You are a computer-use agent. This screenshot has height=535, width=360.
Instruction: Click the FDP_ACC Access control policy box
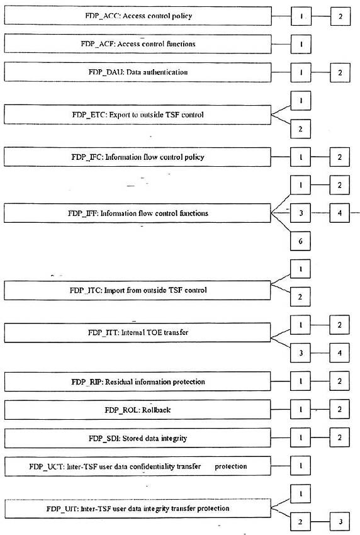[138, 16]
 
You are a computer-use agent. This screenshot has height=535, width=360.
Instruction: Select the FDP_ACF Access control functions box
[138, 44]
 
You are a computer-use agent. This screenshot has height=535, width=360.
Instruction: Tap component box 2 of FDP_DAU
[340, 72]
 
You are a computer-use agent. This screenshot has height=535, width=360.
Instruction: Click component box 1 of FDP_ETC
[301, 101]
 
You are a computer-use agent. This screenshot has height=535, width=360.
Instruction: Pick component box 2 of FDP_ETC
[301, 129]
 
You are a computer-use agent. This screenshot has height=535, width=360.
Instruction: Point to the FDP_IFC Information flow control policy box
[137, 157]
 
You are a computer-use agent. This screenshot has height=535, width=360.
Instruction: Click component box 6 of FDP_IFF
[300, 241]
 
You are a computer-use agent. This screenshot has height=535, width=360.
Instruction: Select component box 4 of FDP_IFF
[339, 213]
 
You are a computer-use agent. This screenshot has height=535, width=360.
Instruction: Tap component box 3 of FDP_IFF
[300, 213]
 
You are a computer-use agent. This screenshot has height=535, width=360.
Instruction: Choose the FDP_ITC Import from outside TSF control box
[137, 290]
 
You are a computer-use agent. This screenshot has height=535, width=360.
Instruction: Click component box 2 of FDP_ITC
[300, 297]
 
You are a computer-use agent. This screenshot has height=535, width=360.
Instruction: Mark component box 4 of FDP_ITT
[339, 353]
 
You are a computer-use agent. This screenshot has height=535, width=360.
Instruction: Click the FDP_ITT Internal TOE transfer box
[137, 333]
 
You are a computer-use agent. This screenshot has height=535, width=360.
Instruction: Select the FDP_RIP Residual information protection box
[137, 382]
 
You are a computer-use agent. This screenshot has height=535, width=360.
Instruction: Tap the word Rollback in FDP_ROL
[156, 410]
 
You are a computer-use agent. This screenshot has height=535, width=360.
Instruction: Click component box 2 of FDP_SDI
[339, 437]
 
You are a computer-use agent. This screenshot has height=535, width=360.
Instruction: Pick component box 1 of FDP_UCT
[301, 466]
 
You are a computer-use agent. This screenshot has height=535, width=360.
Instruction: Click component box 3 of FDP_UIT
[340, 522]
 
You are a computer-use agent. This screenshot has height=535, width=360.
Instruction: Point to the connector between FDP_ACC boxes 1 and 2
[321, 16]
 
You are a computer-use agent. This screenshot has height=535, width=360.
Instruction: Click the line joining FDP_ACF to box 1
[281, 44]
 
